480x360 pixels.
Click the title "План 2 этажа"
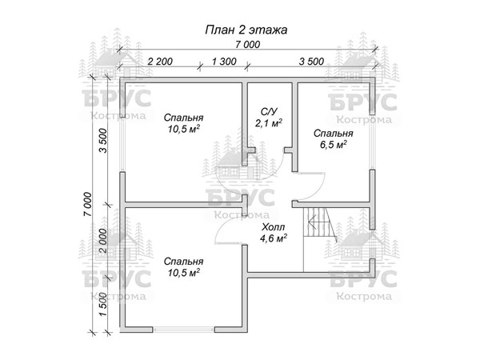tap(246, 30)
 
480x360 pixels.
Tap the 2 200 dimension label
tap(160, 62)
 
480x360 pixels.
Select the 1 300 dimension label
tap(224, 62)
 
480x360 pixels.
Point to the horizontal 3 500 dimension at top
tap(311, 62)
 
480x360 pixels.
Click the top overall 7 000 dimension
tap(248, 45)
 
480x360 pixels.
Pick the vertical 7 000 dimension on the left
tap(87, 204)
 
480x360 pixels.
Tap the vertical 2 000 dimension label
tap(103, 241)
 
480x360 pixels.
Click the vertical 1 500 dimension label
tap(103, 305)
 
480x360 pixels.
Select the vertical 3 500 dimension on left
tap(103, 141)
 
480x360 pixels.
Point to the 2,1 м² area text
tap(269, 122)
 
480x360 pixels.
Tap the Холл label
tap(273, 227)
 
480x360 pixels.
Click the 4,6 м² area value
tap(273, 238)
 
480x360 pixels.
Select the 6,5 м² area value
tap(334, 145)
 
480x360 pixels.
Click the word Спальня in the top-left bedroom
tap(183, 118)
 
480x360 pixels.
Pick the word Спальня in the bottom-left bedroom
tap(183, 262)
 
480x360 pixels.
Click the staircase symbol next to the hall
tap(320, 225)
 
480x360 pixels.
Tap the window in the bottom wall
tap(184, 329)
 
